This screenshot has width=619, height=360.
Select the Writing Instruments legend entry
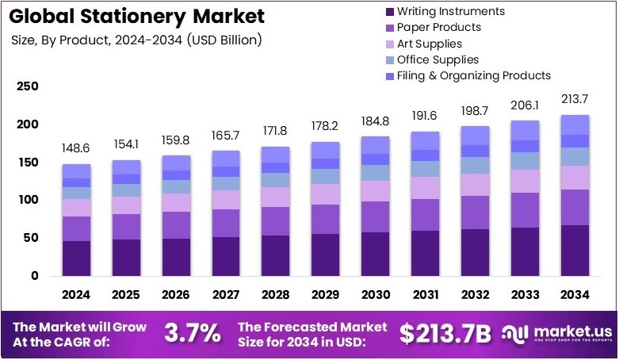point(449,11)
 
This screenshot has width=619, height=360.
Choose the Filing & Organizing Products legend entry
point(473,75)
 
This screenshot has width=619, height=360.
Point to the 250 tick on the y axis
point(28,86)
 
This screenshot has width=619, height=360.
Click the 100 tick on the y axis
point(28,200)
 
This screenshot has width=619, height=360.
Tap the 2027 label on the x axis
point(226,295)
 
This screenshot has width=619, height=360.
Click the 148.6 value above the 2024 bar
point(77,148)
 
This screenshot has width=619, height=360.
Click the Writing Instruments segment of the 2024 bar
point(77,259)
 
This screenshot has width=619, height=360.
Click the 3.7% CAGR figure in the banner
point(193,334)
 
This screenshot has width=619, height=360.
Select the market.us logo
point(558,333)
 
